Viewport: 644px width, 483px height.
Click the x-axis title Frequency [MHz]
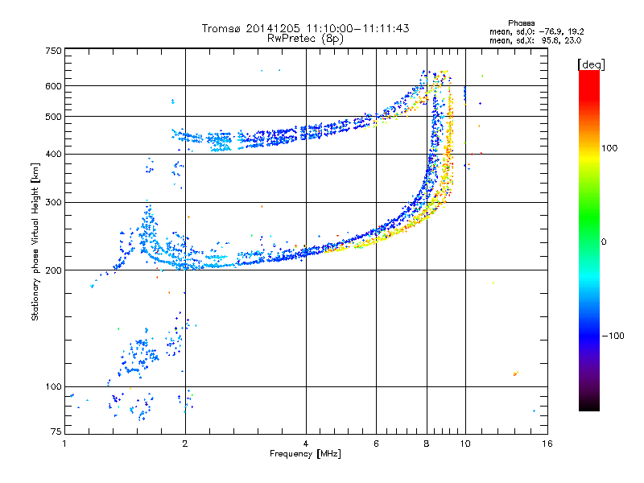click(305, 454)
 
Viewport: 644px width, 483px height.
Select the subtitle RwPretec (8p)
click(305, 38)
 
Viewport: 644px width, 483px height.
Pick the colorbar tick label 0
click(605, 242)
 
